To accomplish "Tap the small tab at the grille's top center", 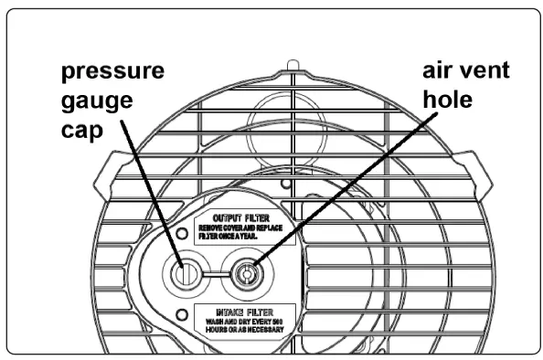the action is click(291, 65).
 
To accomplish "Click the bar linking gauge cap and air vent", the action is click(215, 271).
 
